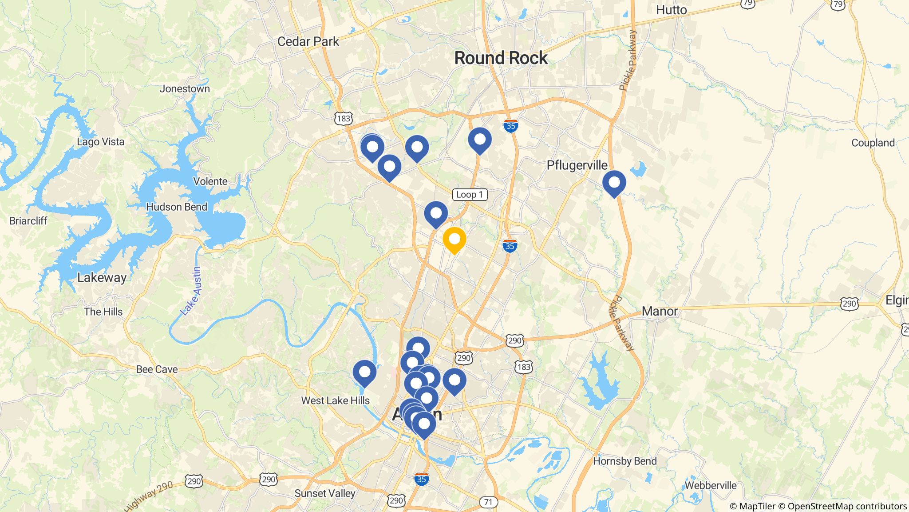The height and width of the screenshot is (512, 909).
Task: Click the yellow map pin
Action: click(x=454, y=240)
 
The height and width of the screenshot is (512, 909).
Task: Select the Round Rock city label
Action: click(x=501, y=58)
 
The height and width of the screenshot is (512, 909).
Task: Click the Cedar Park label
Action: click(x=308, y=42)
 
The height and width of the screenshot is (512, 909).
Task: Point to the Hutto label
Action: click(x=671, y=10)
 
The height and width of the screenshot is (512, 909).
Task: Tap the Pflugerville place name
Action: click(x=577, y=165)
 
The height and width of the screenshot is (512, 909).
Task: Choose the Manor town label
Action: click(x=660, y=311)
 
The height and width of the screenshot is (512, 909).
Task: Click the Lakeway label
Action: click(x=102, y=278)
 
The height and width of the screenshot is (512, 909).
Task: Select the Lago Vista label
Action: click(x=101, y=142)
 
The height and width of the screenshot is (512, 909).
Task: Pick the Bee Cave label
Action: click(x=157, y=369)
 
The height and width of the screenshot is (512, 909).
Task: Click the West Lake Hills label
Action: click(x=335, y=400)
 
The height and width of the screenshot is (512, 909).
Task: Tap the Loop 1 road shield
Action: click(x=470, y=195)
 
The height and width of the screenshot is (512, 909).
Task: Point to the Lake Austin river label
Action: click(x=191, y=291)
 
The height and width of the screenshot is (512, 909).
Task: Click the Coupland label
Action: click(x=873, y=143)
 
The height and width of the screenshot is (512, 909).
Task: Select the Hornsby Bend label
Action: click(x=624, y=461)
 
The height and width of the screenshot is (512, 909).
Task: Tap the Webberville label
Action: click(x=710, y=485)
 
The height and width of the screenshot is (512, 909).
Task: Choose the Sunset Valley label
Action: click(x=325, y=493)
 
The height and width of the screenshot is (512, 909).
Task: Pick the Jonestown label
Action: click(x=185, y=89)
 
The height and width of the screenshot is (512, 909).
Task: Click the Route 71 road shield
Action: click(x=488, y=502)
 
